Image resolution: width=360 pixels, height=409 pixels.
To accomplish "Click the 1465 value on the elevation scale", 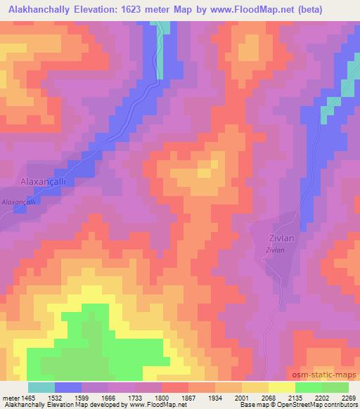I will tap(28, 398).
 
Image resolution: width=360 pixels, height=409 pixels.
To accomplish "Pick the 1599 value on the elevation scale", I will tap(82, 398).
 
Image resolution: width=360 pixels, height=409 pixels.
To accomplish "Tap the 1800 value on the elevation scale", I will tap(162, 398).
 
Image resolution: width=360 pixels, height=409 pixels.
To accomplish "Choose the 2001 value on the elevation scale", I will tap(242, 398).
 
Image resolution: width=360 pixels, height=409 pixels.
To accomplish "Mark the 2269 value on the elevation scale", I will tap(348, 398).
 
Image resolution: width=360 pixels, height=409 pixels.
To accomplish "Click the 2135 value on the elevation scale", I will tap(295, 398).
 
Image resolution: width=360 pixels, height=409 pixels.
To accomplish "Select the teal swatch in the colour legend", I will tap(41, 387).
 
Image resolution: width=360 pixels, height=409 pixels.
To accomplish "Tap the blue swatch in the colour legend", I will tap(68, 387).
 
